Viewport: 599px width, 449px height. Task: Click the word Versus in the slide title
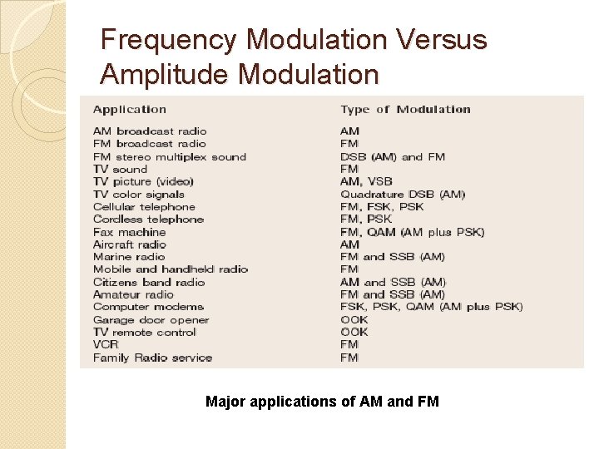tap(438, 40)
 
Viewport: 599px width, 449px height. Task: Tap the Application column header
tap(130, 109)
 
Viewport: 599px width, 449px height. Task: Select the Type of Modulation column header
tap(405, 109)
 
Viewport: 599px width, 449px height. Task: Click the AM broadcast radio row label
tap(150, 131)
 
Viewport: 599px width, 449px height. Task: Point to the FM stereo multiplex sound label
tap(170, 156)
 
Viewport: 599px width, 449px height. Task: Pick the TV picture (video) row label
tap(143, 181)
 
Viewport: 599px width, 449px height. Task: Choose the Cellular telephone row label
tap(144, 206)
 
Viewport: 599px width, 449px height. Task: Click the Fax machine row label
tap(130, 232)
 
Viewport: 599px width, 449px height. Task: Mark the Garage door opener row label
tap(151, 319)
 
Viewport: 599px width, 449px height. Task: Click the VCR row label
tap(106, 344)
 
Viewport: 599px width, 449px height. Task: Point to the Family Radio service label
tap(152, 358)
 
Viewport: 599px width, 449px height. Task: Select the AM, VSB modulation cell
tap(366, 181)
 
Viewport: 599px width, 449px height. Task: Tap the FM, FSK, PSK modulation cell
tap(382, 206)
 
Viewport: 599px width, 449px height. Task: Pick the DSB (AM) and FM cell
tap(393, 156)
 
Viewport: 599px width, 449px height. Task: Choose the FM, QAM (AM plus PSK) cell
tap(412, 232)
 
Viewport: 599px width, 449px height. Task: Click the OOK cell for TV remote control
tap(354, 332)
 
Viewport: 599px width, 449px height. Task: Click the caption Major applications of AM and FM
tap(322, 402)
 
